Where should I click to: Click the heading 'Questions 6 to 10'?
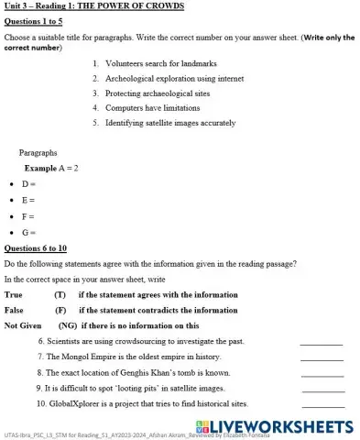click(36, 248)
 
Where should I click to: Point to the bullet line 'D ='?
click(28, 184)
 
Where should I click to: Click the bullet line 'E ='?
click(28, 200)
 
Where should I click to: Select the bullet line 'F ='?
click(28, 216)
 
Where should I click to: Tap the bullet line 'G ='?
click(28, 233)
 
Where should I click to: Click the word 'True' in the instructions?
click(14, 295)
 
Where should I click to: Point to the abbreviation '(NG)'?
click(67, 325)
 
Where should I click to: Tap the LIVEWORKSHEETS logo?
click(278, 427)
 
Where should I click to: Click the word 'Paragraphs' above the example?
click(38, 153)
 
